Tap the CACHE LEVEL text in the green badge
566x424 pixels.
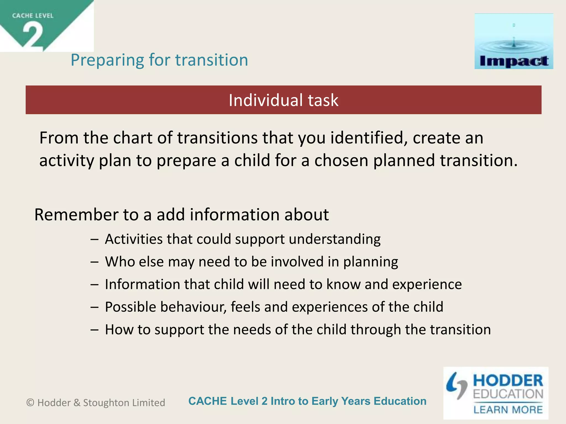pos(33,16)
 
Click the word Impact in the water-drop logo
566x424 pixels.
pos(514,61)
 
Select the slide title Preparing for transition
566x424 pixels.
pos(159,60)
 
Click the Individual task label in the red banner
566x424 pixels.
pos(283,100)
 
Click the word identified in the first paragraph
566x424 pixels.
pos(369,138)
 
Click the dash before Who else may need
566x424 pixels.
pos(94,262)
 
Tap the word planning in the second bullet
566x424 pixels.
pos(370,262)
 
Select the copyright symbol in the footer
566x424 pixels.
pos(30,403)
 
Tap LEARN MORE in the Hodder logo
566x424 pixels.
pos(508,410)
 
